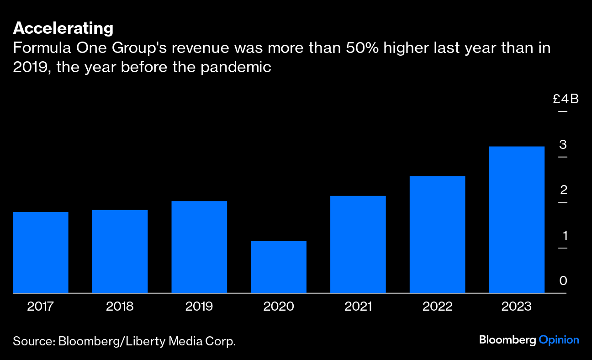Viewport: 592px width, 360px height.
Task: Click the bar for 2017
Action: point(41,252)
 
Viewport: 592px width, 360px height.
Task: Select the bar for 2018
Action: point(120,251)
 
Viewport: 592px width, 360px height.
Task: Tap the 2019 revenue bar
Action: point(199,247)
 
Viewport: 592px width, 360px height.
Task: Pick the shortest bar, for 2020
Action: point(279,267)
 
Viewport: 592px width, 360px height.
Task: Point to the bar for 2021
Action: point(358,244)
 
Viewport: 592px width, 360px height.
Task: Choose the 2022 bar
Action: point(437,234)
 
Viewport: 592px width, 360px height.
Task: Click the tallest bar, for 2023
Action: point(517,220)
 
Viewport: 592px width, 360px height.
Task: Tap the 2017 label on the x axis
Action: point(41,306)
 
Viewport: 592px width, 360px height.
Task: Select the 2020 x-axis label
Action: point(279,306)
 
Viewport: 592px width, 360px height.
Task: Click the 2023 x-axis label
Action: point(517,306)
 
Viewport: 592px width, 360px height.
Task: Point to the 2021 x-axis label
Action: point(358,306)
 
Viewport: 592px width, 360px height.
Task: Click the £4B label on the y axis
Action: point(566,99)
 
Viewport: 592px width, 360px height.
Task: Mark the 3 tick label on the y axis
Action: point(563,145)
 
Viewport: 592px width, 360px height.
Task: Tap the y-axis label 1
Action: point(565,236)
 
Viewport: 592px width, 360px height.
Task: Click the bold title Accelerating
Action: point(63,28)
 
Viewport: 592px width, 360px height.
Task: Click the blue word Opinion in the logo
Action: point(559,340)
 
